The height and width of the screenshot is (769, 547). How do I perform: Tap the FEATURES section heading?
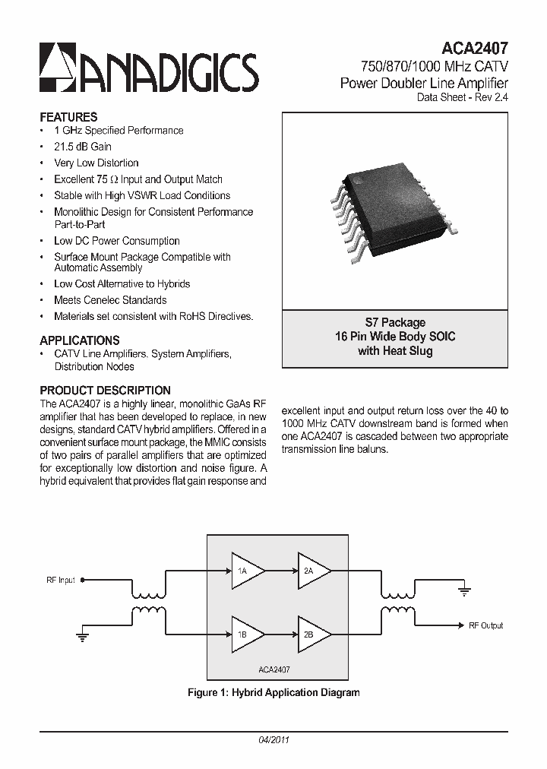[x=68, y=117]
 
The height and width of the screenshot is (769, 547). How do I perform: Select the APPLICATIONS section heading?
[x=80, y=340]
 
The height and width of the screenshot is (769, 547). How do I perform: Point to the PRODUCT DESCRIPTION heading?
[x=105, y=391]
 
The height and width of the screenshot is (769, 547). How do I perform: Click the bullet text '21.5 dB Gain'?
[x=83, y=147]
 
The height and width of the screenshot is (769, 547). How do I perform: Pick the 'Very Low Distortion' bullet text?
[x=96, y=163]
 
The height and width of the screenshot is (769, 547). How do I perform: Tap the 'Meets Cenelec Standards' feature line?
[x=110, y=300]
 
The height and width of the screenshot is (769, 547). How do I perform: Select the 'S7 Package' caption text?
[x=395, y=322]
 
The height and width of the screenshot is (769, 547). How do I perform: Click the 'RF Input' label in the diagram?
[x=61, y=581]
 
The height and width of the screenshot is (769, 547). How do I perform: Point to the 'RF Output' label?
[x=485, y=625]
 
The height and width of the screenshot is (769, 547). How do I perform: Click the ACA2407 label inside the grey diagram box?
[x=274, y=670]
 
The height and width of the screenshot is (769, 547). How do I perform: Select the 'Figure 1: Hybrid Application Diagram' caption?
[x=273, y=692]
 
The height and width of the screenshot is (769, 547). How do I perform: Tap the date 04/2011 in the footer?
[x=274, y=739]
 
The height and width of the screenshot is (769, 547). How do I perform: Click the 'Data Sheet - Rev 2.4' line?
[x=463, y=97]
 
